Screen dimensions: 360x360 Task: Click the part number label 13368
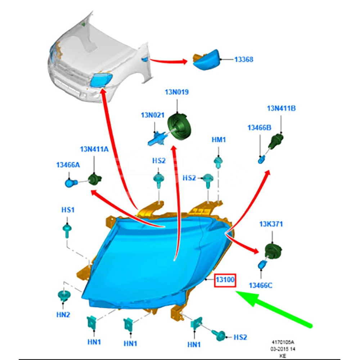pyautogui.click(x=244, y=59)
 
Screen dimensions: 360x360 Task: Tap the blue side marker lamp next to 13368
pyautogui.click(x=206, y=60)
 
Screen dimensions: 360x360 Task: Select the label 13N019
pyautogui.click(x=177, y=92)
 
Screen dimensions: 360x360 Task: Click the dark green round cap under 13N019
pyautogui.click(x=179, y=126)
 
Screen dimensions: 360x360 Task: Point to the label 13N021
pyautogui.click(x=153, y=115)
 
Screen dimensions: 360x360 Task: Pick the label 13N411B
pyautogui.click(x=281, y=108)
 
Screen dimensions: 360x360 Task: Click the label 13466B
pyautogui.click(x=259, y=128)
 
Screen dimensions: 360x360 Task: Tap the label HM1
pyautogui.click(x=219, y=140)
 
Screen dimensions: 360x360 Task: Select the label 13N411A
pyautogui.click(x=94, y=149)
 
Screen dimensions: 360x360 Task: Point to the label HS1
pyautogui.click(x=68, y=210)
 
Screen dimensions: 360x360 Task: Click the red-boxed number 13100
pyautogui.click(x=225, y=280)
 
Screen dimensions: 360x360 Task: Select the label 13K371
pyautogui.click(x=271, y=224)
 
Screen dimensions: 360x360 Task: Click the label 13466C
pyautogui.click(x=261, y=285)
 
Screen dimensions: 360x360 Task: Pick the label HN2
pyautogui.click(x=63, y=315)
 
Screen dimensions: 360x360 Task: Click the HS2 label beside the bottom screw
pyautogui.click(x=240, y=337)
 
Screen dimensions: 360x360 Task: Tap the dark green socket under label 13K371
pyautogui.click(x=273, y=251)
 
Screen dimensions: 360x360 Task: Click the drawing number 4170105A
pyautogui.click(x=283, y=342)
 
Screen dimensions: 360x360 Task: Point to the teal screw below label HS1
pyautogui.click(x=67, y=231)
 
